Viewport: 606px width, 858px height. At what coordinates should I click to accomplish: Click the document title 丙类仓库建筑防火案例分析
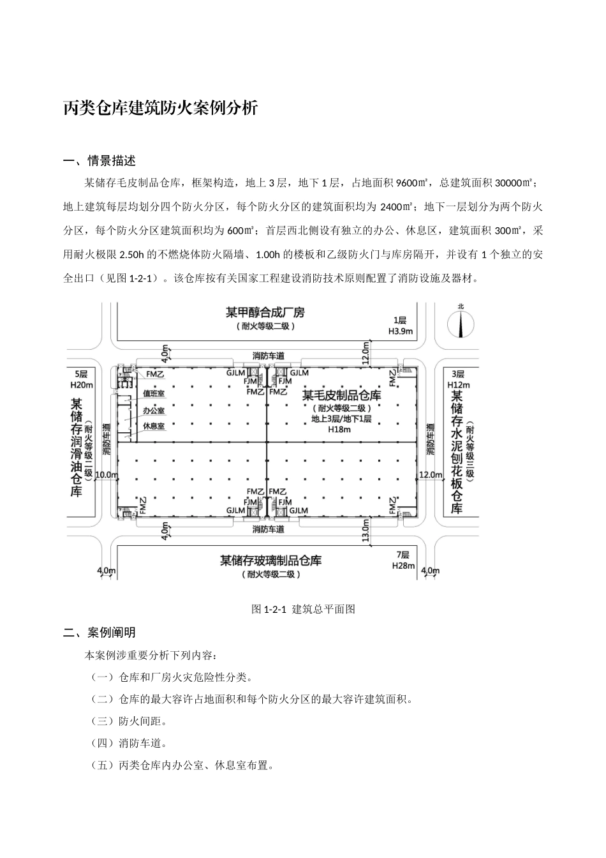[161, 109]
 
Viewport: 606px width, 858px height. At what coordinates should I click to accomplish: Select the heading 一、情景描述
[100, 160]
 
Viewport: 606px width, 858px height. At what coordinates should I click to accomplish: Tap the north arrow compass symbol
[461, 323]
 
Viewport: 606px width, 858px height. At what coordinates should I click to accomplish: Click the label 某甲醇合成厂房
[265, 313]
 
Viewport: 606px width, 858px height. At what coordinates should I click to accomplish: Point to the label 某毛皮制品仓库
[341, 396]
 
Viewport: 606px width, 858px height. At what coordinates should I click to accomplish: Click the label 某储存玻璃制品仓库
[270, 561]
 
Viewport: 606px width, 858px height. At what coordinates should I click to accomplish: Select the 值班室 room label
[154, 394]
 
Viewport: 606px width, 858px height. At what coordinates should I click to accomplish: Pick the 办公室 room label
[154, 410]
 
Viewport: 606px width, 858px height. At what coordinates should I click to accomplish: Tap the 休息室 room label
[154, 426]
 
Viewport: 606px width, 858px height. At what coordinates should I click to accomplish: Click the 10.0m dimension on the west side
[107, 475]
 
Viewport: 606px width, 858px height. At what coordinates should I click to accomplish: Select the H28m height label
[403, 566]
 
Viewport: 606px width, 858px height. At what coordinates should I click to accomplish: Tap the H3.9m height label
[401, 331]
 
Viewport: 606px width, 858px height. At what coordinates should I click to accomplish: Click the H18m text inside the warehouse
[339, 430]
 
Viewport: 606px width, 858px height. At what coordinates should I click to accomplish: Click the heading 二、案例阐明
[100, 633]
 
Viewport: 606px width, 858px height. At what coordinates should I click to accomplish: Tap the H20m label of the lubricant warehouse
[81, 384]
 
